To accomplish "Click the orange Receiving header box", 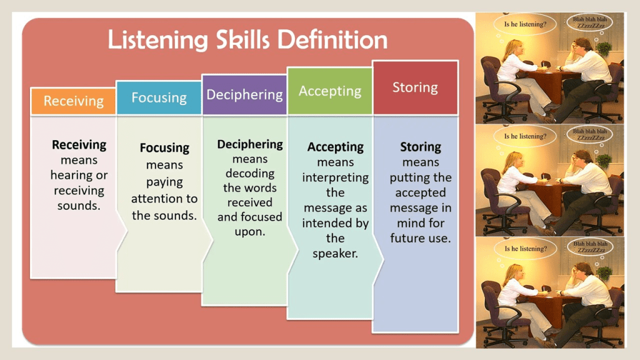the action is click(x=74, y=101).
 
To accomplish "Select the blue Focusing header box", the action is click(x=159, y=97).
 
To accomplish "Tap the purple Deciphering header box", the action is click(x=244, y=95).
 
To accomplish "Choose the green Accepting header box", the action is click(x=330, y=91).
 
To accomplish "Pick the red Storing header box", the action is click(x=416, y=87).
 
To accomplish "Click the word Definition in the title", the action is click(x=332, y=40).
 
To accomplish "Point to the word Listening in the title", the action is click(x=158, y=41).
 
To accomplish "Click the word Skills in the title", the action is click(x=243, y=40).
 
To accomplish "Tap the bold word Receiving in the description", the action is click(x=79, y=145).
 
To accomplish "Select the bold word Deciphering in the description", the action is click(x=250, y=144).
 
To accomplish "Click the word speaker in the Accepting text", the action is click(x=335, y=254).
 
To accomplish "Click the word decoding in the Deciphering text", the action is click(x=250, y=174).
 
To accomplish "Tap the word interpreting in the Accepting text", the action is click(x=335, y=178).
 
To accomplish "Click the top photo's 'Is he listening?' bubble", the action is click(x=525, y=24).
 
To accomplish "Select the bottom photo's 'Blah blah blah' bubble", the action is click(x=590, y=247).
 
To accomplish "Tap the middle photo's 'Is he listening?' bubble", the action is click(x=525, y=136).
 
